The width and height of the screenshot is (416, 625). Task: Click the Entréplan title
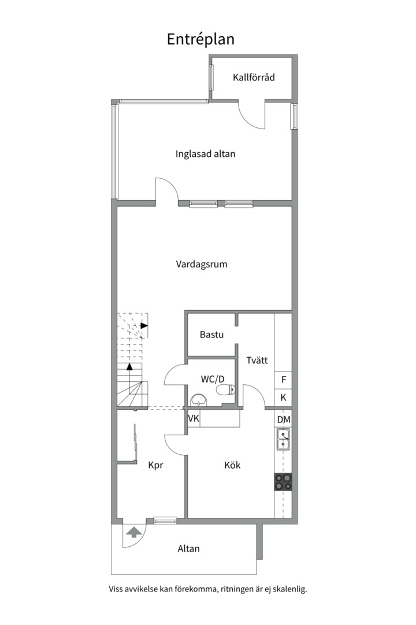tap(200, 40)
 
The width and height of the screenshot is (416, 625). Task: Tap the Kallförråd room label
tap(254, 78)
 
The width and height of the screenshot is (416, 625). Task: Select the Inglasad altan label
tap(205, 154)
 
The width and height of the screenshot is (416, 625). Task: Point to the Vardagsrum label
tap(202, 264)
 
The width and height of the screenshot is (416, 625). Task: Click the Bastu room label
tap(211, 334)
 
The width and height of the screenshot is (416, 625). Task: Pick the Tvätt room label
tap(257, 361)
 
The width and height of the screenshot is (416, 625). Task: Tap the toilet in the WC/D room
tap(225, 390)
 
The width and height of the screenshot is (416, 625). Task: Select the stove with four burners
tap(283, 481)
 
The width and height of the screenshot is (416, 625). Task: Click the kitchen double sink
tap(283, 440)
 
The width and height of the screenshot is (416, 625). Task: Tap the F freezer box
tap(284, 380)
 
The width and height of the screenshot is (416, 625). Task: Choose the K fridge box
tap(284, 398)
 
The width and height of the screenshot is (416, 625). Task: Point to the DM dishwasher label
tap(284, 420)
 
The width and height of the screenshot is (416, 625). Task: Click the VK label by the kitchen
tap(194, 418)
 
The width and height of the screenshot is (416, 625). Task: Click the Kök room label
tap(232, 465)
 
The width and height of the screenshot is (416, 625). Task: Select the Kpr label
tap(155, 465)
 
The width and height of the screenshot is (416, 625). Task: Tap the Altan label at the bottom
tap(188, 549)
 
